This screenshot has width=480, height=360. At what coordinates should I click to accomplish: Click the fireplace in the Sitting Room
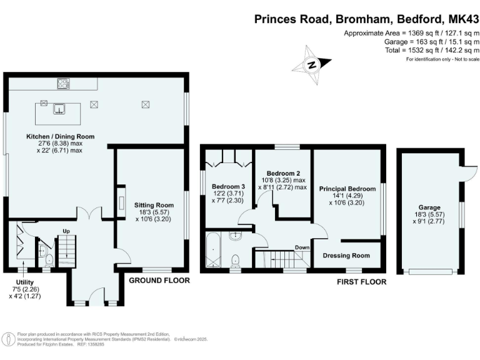121,202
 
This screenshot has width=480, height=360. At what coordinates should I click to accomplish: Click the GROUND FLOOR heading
159,281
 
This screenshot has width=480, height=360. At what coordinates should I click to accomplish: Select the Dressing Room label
346,256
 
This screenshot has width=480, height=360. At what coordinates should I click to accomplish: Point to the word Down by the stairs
302,247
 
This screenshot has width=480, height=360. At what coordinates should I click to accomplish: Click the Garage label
429,207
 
